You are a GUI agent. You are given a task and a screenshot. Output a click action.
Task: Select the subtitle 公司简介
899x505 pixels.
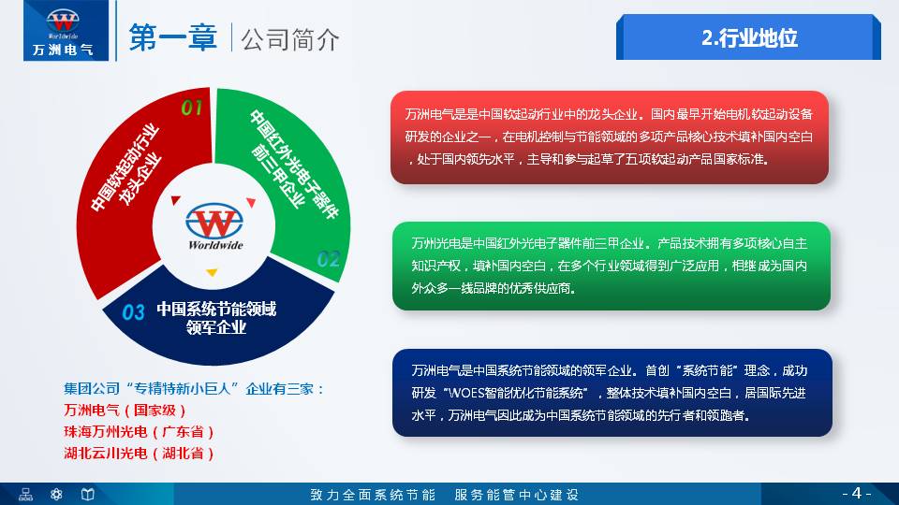pos(289,39)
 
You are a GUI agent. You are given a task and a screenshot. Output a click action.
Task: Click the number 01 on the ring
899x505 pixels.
pos(192,108)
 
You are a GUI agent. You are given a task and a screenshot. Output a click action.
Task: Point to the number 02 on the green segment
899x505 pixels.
pos(328,259)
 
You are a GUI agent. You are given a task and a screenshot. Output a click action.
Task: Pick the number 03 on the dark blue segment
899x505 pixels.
pos(134,312)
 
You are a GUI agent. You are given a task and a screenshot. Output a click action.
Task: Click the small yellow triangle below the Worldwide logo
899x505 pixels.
pos(212,273)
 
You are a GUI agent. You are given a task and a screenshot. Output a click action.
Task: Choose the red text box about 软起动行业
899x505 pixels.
pos(609,137)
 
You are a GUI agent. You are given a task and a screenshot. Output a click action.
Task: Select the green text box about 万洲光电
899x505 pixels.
pos(611,266)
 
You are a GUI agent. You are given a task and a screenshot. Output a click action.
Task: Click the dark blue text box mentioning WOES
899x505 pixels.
pos(611,393)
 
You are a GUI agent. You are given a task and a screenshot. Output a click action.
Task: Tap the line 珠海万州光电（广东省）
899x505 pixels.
pos(140,432)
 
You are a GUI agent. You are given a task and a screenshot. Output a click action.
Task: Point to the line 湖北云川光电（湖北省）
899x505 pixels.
pos(140,454)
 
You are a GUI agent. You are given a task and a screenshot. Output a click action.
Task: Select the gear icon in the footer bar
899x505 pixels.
pos(56,494)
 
